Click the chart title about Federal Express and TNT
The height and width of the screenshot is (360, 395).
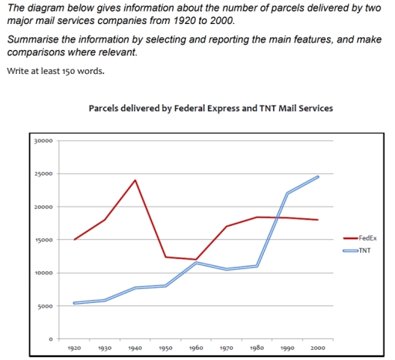[211, 108]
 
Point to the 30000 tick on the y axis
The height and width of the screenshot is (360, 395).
[44, 141]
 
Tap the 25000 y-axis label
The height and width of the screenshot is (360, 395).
[44, 174]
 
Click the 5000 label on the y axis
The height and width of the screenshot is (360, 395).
[46, 307]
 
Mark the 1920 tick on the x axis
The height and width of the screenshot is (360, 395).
[75, 348]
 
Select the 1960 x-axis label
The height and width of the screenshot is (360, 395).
[196, 348]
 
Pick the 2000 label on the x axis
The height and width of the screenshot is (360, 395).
[317, 348]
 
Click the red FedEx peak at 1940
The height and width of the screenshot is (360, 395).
[136, 180]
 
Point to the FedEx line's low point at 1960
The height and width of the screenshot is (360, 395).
[196, 260]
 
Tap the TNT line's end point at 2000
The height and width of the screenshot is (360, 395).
[317, 177]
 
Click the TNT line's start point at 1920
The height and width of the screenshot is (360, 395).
[75, 303]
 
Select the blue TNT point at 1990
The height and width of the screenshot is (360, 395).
[287, 193]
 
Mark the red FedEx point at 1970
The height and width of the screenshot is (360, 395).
[226, 227]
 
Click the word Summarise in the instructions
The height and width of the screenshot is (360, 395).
[31, 39]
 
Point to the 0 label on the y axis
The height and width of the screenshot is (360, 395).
[51, 339]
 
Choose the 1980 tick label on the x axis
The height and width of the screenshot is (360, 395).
[257, 348]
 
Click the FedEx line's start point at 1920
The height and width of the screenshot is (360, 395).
[75, 240]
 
